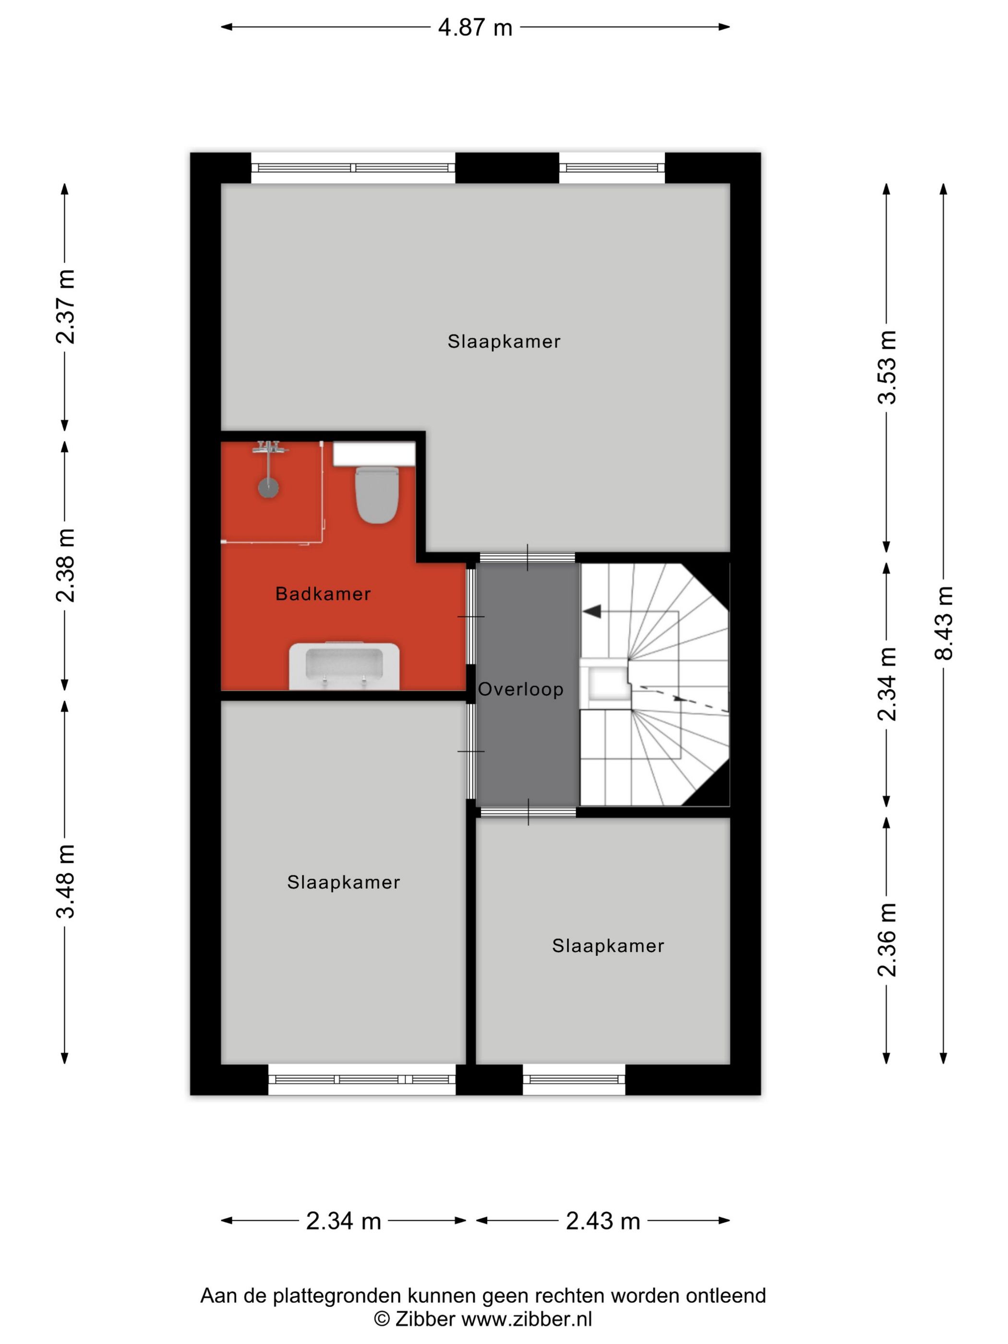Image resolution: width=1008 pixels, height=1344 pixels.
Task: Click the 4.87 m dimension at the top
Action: pyautogui.click(x=475, y=27)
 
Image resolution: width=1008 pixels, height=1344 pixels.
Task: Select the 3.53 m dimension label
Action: pyautogui.click(x=886, y=367)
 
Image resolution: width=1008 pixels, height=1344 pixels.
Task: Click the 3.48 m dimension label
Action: pyautogui.click(x=65, y=880)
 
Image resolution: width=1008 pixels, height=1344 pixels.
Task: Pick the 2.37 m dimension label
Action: pyautogui.click(x=65, y=307)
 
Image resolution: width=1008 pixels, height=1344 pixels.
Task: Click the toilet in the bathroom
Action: pyautogui.click(x=377, y=495)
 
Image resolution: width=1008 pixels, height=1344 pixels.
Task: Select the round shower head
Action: pyautogui.click(x=268, y=487)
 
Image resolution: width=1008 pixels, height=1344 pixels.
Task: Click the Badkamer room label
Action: pyautogui.click(x=323, y=594)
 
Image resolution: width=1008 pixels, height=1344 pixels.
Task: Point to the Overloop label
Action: pyautogui.click(x=521, y=689)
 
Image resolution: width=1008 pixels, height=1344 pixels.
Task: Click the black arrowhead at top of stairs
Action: pyautogui.click(x=592, y=611)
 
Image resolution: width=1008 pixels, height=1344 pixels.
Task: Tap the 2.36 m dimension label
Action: pyautogui.click(x=886, y=939)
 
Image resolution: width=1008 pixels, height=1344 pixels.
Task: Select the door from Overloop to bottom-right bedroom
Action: pyautogui.click(x=528, y=812)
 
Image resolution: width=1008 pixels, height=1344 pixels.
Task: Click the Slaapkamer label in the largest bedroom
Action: pyautogui.click(x=504, y=341)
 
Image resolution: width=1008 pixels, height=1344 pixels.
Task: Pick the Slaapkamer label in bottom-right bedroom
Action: pyautogui.click(x=608, y=946)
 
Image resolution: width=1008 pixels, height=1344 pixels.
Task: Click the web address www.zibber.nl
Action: pyautogui.click(x=526, y=1319)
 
